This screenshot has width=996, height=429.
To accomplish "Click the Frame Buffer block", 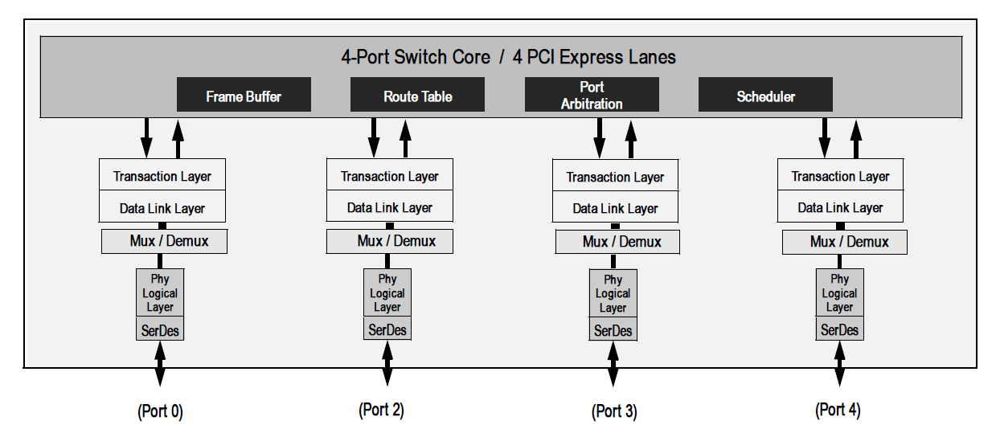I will point(244,95).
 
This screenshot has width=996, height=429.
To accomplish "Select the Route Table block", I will point(417,95).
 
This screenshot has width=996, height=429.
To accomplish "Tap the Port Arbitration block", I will point(592,95).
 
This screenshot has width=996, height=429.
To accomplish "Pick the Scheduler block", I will point(765,95).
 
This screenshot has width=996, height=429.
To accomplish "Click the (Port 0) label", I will point(160,411).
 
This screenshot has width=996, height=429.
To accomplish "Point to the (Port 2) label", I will point(381,410).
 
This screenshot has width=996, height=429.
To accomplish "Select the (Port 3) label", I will point(614,411).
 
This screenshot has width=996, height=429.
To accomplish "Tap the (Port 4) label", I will point(838,410).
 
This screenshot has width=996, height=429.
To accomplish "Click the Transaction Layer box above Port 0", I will point(162,176).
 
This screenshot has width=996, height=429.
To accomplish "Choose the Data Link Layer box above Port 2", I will point(389,207).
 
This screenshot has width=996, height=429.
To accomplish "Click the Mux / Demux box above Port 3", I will point(617,241).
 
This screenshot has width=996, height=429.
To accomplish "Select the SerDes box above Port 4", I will point(839,329).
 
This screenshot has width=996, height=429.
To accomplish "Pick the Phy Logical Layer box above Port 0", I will point(159,293).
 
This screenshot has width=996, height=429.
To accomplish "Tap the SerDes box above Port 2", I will point(387,329).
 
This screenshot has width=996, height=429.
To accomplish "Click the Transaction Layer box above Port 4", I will point(840,176).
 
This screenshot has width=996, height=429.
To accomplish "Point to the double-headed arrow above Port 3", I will point(613,363).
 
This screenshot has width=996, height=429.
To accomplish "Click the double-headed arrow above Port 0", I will point(160,363).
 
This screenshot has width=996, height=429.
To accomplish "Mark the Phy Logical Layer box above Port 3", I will point(613,294).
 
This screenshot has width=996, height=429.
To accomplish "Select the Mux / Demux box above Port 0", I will point(165,241).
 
